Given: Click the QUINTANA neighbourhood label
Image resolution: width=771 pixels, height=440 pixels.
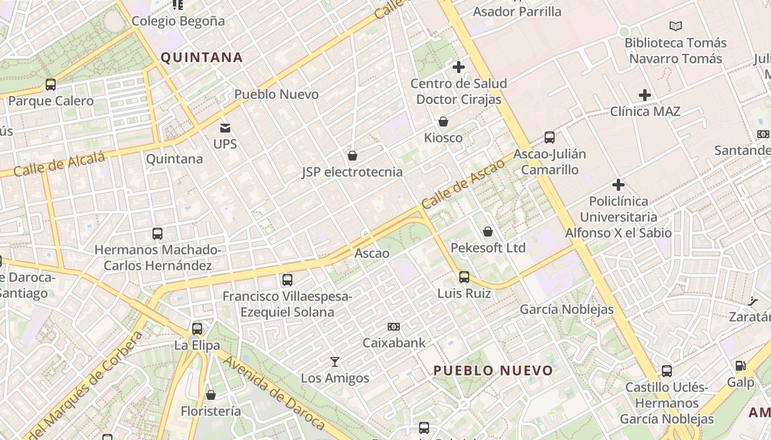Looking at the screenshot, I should click(x=202, y=58).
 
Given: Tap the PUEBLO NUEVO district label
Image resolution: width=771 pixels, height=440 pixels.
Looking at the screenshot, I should click(x=493, y=370).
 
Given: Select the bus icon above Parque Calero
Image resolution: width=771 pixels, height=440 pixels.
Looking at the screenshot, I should click(x=51, y=85).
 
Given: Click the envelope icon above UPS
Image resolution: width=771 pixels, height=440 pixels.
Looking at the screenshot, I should click(x=225, y=128).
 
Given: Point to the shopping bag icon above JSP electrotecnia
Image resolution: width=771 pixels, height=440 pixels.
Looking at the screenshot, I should click(x=352, y=156).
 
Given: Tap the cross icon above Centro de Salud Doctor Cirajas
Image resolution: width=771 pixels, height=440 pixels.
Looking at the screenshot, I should click(x=458, y=67).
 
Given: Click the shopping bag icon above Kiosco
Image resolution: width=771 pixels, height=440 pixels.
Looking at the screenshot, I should click(x=443, y=122).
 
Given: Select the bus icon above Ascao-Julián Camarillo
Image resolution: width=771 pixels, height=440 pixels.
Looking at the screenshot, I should click(x=549, y=137).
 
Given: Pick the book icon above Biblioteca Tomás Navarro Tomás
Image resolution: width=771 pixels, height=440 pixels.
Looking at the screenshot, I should click(x=676, y=26).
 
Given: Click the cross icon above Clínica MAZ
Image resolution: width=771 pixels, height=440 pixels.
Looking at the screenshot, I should click(x=645, y=95).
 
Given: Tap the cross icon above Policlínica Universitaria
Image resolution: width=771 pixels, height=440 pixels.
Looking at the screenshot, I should click(x=618, y=185).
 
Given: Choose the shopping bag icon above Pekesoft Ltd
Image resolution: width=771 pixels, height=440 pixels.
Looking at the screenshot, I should click(x=488, y=232).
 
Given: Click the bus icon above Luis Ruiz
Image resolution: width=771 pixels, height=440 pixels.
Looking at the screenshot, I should click(x=464, y=277).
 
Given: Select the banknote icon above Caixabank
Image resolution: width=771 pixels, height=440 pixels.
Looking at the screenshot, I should click(x=394, y=327).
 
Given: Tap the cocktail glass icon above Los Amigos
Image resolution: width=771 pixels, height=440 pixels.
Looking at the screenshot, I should click(x=334, y=362).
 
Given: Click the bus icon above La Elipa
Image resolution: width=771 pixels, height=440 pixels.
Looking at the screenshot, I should click(x=197, y=329).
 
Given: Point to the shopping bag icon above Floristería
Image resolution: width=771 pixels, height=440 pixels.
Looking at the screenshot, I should click(x=210, y=395).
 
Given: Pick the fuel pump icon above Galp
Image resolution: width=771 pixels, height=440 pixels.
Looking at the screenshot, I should click(x=741, y=366).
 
